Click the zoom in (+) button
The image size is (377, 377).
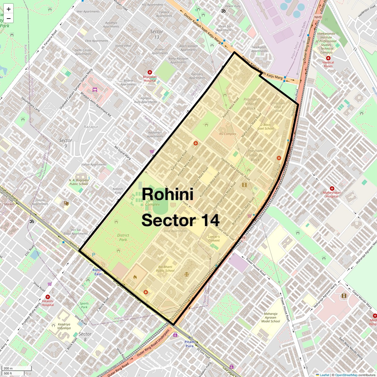point(8,9)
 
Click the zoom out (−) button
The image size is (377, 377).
point(8,19)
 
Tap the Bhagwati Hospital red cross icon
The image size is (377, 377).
point(150,73)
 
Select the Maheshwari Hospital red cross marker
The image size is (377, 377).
point(332,188)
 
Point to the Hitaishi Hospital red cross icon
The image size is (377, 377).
point(48,297)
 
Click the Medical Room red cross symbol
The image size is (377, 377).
point(328,58)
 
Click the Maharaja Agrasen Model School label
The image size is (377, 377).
point(270,317)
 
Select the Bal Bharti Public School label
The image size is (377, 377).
point(165,269)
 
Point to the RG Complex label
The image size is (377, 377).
point(227,134)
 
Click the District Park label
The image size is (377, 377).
point(123,237)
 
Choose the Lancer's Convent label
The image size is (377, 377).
point(214,238)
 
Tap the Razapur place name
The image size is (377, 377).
point(91,127)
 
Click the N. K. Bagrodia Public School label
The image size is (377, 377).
point(79,182)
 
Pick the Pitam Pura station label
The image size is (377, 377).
point(189,344)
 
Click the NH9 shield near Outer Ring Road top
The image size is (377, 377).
point(318,17)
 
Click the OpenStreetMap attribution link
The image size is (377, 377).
point(346,375)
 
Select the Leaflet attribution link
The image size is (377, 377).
point(325,375)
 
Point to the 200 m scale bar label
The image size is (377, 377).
point(8,369)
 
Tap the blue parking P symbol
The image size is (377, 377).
point(93,254)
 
